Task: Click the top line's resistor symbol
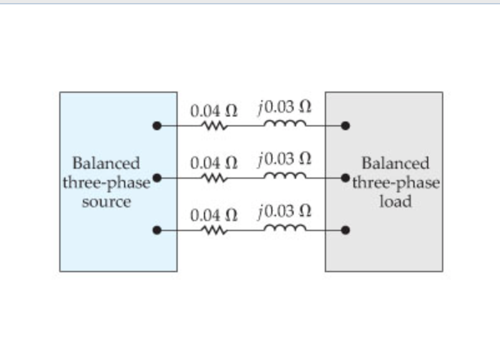click(214, 126)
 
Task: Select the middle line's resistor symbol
click(214, 178)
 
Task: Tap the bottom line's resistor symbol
click(214, 230)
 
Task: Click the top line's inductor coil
click(285, 125)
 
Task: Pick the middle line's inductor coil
click(285, 177)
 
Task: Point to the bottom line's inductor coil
click(285, 229)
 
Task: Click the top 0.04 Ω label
click(214, 111)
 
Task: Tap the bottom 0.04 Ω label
click(214, 216)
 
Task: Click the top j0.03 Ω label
click(284, 107)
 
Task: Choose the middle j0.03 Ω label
click(284, 159)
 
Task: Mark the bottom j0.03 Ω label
click(284, 212)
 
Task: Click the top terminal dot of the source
click(157, 126)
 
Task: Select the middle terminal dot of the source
click(157, 178)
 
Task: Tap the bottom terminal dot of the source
click(157, 230)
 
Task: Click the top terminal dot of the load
click(345, 126)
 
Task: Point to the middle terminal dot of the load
click(345, 178)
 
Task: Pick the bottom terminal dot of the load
click(345, 230)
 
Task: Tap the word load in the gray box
click(396, 202)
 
